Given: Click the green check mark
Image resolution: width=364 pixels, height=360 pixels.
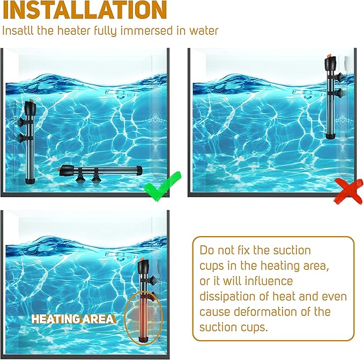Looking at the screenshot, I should point(160,188).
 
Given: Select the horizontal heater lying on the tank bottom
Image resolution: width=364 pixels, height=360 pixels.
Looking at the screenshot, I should point(100,172).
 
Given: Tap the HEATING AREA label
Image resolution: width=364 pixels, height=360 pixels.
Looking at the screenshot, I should point(72,319).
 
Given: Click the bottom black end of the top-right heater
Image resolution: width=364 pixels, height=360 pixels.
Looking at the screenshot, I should point(330,137).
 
